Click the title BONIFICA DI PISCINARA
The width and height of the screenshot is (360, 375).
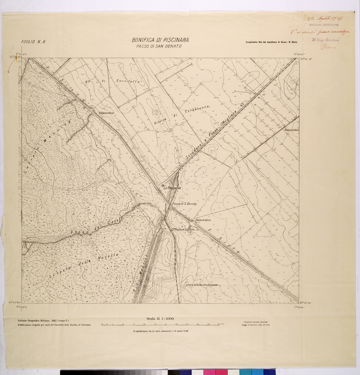160,40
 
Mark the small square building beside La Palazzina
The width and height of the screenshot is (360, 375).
163,186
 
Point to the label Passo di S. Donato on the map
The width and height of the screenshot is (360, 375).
184,204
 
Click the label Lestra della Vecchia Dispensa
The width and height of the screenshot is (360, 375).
201,285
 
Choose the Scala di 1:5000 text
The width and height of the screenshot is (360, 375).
161,318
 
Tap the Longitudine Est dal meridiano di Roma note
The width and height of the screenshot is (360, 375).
268,42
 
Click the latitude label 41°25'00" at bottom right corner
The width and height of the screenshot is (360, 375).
306,303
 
